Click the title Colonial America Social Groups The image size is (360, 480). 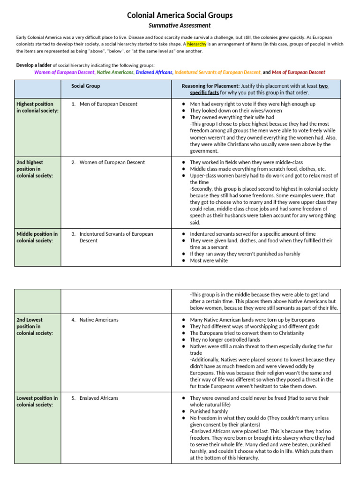pos(180,15)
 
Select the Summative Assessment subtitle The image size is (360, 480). pos(180,25)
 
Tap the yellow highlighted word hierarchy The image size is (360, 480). pos(196,44)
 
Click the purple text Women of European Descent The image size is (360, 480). pos(64,72)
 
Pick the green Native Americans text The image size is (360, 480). pos(115,72)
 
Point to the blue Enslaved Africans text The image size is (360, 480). pos(154,72)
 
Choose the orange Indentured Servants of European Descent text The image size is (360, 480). pos(218,72)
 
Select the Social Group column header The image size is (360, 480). pos(85,86)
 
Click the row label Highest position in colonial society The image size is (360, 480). pos(37,107)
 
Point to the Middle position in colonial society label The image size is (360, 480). pos(37,237)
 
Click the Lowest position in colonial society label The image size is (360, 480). pos(37,401)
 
